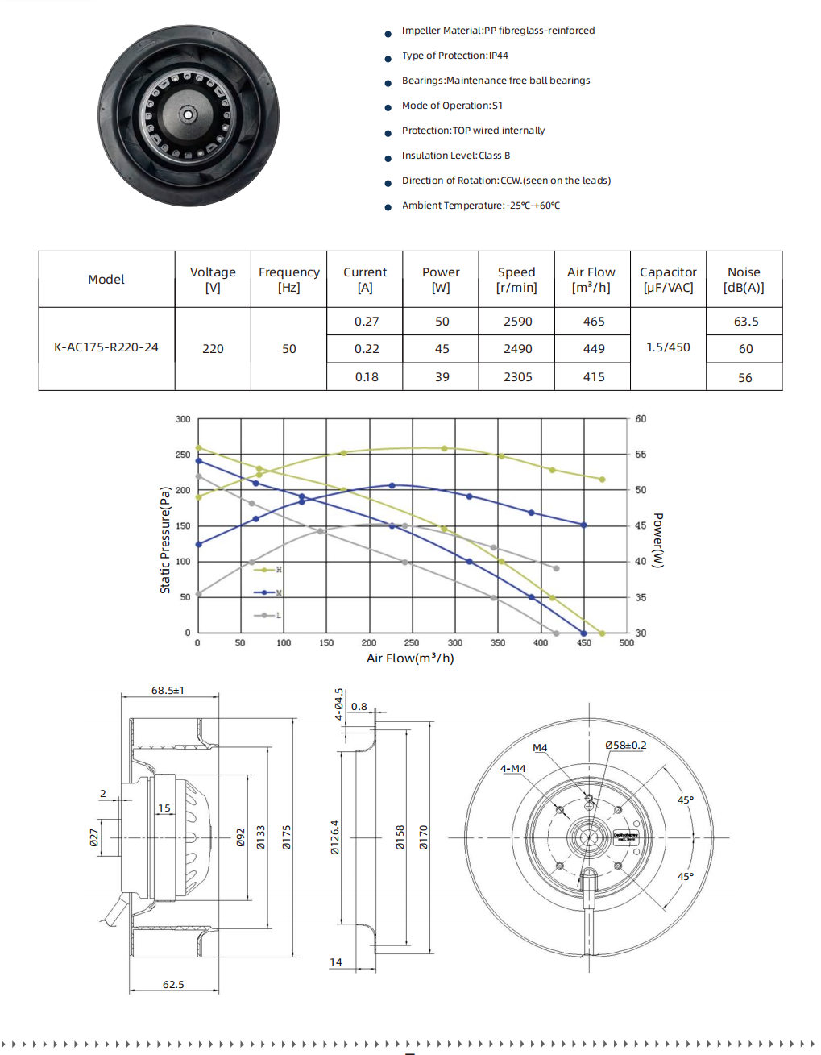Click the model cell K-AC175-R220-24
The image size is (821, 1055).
106,347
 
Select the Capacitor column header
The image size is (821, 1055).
668,280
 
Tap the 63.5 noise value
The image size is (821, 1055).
745,322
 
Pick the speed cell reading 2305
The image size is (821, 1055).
517,377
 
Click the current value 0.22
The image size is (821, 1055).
367,349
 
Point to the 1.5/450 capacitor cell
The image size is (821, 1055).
668,347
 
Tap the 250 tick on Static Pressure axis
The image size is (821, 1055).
183,455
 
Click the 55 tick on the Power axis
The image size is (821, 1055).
641,455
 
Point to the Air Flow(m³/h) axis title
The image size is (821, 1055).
410,658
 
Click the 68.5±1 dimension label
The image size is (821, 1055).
168,691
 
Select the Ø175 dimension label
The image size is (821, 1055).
286,837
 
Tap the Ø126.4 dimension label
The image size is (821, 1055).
334,837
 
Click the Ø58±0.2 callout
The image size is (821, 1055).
625,746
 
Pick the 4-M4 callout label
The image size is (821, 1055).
512,769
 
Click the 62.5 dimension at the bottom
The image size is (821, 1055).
173,985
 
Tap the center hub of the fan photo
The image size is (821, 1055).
189,115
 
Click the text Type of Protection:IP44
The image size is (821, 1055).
454,56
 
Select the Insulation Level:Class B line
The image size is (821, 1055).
455,156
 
